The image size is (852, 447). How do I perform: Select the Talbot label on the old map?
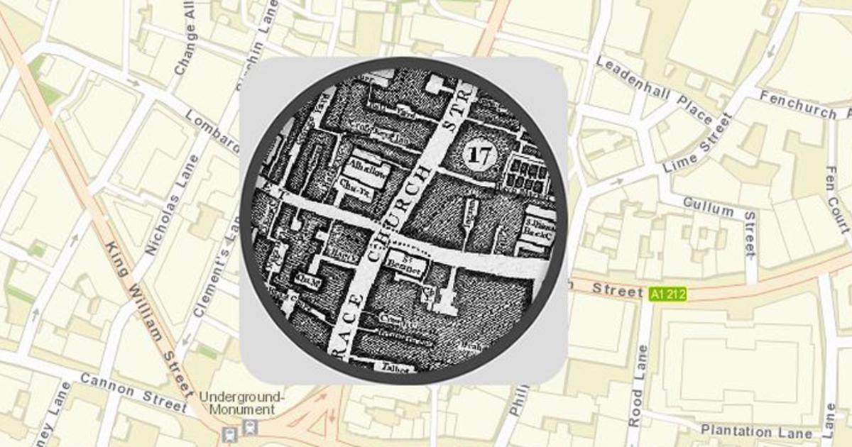[400, 368]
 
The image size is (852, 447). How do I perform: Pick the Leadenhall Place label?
[653, 89]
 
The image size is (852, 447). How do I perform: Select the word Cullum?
[708, 208]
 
